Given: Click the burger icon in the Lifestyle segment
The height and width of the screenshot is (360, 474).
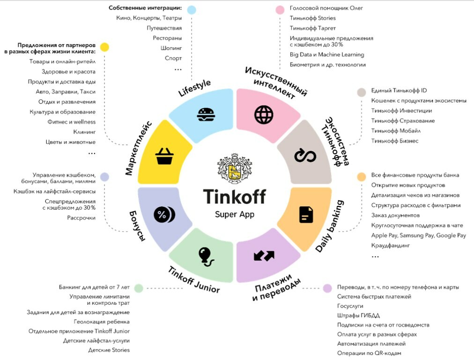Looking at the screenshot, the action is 206,115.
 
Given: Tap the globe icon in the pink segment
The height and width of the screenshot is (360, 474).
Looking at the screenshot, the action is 264,115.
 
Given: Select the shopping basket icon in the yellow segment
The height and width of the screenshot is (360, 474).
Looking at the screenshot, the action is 164,156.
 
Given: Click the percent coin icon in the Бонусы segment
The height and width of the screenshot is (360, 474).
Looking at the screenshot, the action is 164,215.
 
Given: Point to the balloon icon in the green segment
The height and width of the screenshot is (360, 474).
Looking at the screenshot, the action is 206,257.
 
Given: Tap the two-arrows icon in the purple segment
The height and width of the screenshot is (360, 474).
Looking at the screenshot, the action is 264,256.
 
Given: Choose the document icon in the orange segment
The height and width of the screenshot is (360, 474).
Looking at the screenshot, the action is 306,215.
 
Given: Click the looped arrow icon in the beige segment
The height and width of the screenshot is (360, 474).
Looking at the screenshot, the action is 305,156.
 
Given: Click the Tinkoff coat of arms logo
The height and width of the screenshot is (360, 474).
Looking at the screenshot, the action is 235,168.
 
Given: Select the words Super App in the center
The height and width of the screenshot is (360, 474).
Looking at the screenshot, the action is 235,215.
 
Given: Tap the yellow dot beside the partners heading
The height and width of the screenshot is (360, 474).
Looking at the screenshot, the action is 104,47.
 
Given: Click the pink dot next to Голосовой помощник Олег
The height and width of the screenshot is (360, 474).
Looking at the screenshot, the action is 280,10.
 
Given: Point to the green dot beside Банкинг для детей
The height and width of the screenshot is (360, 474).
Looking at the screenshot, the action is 139,288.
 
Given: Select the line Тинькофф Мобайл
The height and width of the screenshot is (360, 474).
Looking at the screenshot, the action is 396,131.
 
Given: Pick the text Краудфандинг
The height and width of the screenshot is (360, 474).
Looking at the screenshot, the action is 391,245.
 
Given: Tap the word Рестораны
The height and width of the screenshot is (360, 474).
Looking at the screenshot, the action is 167,38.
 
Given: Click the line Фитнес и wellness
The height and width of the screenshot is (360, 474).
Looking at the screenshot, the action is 71,122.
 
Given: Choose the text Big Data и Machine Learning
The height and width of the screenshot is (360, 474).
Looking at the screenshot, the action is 327,54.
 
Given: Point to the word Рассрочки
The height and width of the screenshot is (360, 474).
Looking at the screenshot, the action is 81,218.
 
